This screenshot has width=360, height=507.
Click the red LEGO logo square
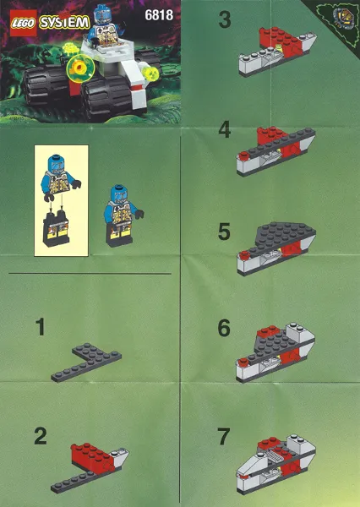pos(24,23)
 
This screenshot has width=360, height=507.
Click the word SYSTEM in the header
pos(64,23)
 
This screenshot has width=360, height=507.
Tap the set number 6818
pos(159,15)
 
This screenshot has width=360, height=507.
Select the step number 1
pos(40,326)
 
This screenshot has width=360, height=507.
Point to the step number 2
pos(41,436)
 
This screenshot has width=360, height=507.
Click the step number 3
pos(225,19)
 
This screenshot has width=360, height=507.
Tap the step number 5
pos(224,232)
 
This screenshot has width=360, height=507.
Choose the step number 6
pos(224,328)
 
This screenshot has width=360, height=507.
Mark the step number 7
pos(224,436)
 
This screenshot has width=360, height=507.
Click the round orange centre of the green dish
pos(79,68)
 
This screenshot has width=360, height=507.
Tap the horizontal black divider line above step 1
pos(90,274)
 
